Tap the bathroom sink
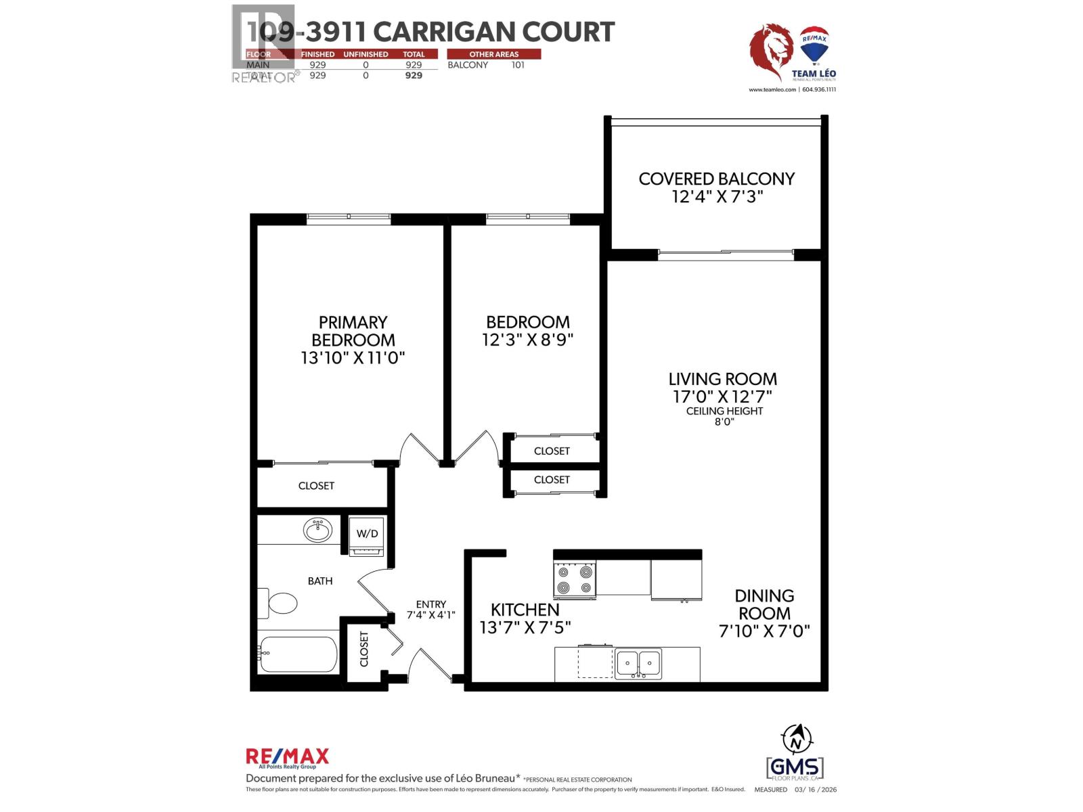pos(317,530)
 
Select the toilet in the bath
pos(280,602)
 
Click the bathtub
pos(298,654)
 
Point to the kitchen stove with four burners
pos(575,580)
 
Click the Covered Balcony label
pos(716,179)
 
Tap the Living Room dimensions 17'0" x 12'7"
pos(722,396)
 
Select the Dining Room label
pos(764,604)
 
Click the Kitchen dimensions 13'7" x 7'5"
pos(525,627)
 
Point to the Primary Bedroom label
pos(353,331)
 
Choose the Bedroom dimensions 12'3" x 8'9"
pos(528,340)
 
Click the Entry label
pos(431,604)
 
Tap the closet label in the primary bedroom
pos(316,486)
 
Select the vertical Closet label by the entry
pos(364,649)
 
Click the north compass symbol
pos(796,738)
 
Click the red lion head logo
pos(772,52)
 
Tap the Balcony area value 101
pos(518,65)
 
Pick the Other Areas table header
pos(493,54)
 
